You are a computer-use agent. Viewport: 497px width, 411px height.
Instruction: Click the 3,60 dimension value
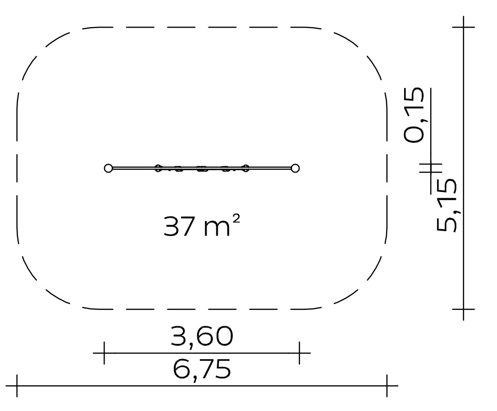click(202, 336)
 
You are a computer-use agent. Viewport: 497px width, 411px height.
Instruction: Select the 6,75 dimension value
click(202, 369)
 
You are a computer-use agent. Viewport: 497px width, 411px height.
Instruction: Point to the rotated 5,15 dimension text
click(447, 205)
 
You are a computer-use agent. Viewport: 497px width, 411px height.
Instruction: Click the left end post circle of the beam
click(108, 168)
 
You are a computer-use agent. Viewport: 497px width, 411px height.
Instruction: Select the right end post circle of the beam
click(295, 168)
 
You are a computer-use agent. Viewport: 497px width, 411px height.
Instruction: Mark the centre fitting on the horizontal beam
click(202, 168)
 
